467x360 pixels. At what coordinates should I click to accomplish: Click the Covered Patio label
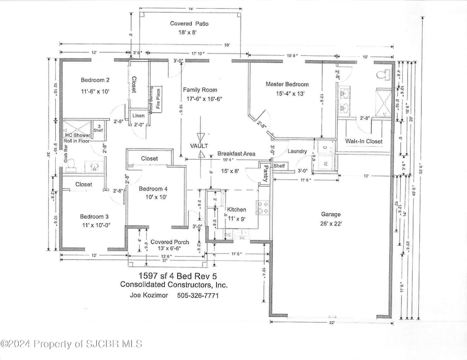(x=189, y=24)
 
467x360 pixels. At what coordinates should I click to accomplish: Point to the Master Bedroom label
(x=287, y=84)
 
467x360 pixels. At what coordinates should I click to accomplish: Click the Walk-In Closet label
(x=363, y=141)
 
